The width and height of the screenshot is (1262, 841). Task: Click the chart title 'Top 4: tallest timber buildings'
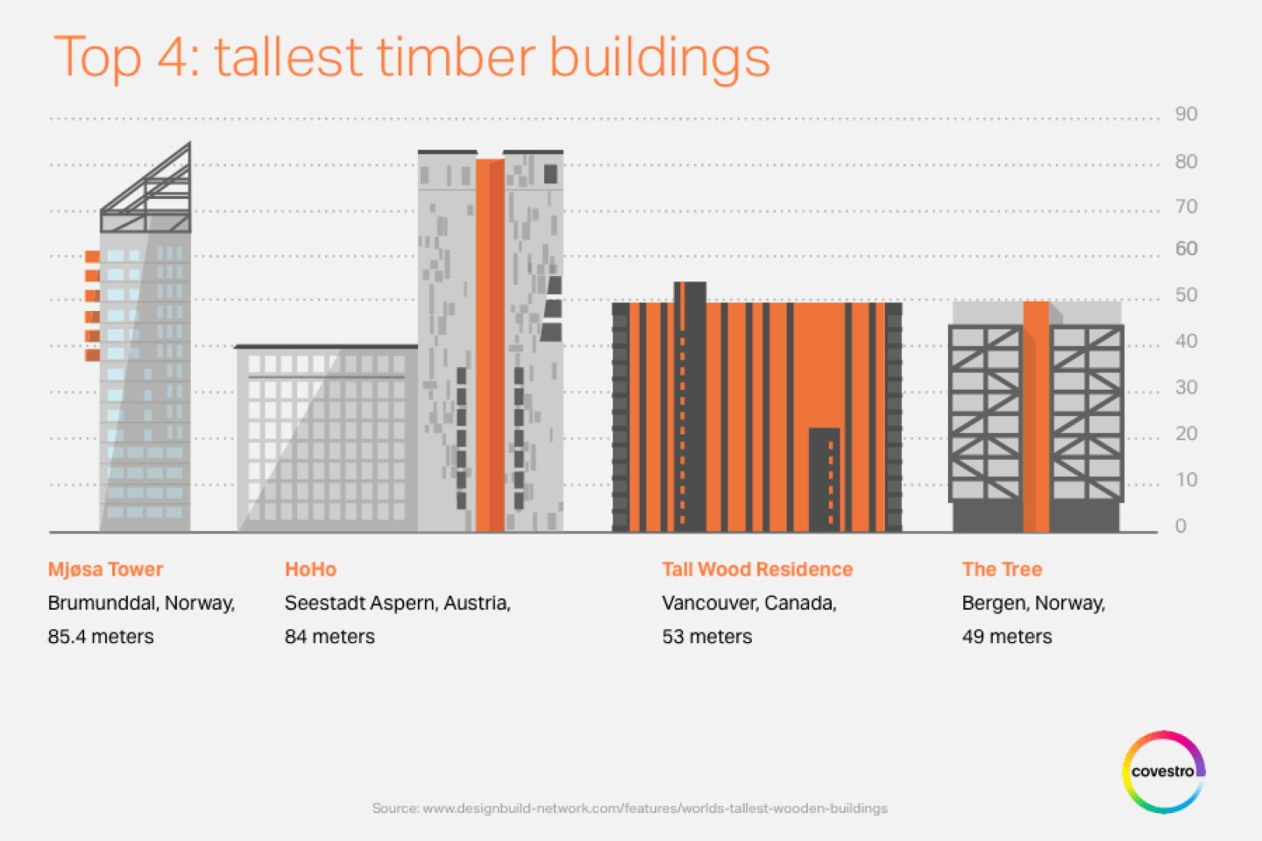(411, 58)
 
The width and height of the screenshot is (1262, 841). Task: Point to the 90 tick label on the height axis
(1186, 115)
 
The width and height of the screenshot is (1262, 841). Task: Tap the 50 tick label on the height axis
(1186, 295)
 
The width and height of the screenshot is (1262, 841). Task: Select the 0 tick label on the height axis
(1180, 527)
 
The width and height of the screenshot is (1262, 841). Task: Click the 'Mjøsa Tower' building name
(105, 569)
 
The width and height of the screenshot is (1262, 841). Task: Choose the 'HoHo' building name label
(310, 569)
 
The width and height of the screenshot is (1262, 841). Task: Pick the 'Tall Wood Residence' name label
(757, 569)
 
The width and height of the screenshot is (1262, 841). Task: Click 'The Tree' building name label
(1002, 569)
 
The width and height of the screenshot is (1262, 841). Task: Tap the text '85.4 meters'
(101, 637)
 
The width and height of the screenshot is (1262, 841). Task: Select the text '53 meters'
(707, 637)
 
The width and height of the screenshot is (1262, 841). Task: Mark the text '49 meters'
(1007, 637)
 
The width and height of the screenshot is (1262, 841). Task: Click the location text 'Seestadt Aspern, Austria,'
(398, 604)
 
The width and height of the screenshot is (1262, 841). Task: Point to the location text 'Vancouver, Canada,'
(749, 604)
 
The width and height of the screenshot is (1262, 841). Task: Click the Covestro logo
(1164, 772)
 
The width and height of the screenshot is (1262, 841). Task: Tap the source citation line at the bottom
(630, 809)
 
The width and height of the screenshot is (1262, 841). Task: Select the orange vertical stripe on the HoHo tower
(490, 345)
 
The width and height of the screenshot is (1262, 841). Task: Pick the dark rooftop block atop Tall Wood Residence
(691, 293)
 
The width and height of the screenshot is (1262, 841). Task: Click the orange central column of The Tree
(1036, 417)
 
